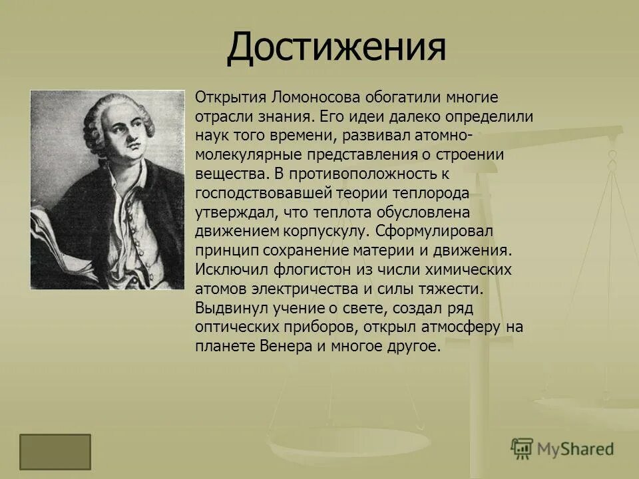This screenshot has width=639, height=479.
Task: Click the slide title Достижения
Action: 335,48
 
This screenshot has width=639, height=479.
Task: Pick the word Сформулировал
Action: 433,232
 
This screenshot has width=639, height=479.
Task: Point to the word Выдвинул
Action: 227,309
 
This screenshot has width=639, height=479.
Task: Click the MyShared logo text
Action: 576,449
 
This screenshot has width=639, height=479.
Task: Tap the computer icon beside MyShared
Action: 523,448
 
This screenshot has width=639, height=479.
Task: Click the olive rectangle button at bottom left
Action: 55,452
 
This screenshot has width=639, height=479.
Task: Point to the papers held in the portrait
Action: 53,246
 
